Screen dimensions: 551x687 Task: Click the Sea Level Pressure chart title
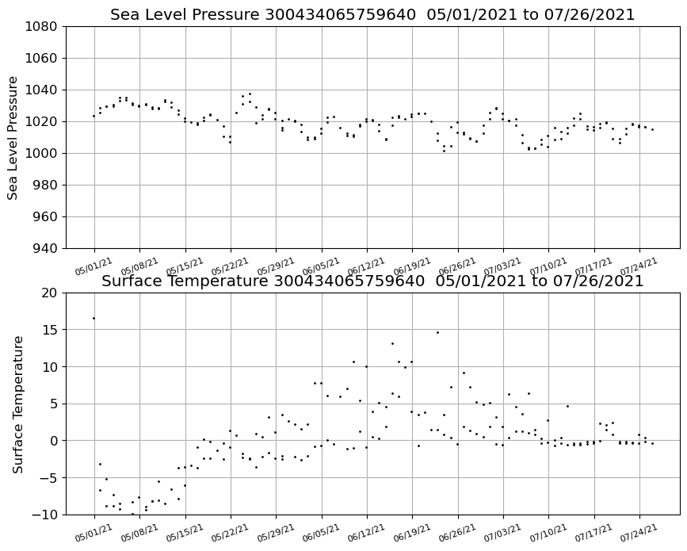(372, 15)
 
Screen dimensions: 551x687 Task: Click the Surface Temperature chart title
(372, 281)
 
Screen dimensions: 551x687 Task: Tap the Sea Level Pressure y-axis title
(13, 137)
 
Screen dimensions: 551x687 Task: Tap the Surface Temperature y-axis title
(18, 404)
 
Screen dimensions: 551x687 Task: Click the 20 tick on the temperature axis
(51, 293)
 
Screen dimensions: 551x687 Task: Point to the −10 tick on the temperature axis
(46, 515)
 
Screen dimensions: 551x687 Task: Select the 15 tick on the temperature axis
(51, 330)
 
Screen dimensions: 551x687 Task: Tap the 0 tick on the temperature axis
(54, 441)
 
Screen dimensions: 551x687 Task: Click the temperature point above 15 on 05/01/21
(94, 318)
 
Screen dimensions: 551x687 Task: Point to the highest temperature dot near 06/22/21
(437, 332)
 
